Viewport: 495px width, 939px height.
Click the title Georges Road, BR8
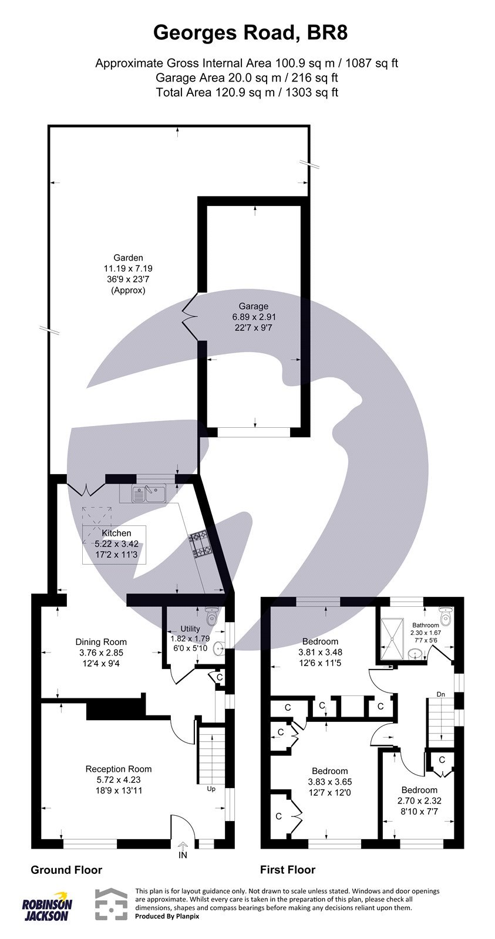[x=250, y=32]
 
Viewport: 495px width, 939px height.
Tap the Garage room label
[x=254, y=306]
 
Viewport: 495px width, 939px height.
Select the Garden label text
[x=128, y=257]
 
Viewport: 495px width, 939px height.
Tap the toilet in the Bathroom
[x=448, y=617]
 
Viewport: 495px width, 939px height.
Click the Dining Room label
[x=101, y=642]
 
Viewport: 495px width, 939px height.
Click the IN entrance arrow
[x=183, y=849]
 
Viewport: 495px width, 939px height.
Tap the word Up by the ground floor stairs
[x=211, y=789]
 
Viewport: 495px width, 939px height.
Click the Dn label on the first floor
[x=441, y=694]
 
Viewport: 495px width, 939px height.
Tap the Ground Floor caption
[x=66, y=870]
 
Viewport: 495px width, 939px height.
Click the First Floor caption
[x=288, y=870]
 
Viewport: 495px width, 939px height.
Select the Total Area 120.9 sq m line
[x=247, y=92]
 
